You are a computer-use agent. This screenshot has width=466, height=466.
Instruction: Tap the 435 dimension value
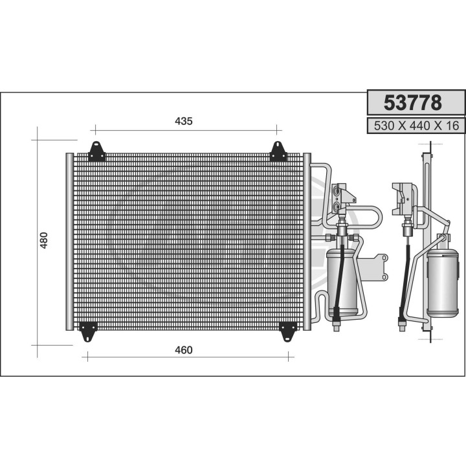(x=184, y=121)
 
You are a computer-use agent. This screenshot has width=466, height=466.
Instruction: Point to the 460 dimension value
(x=183, y=350)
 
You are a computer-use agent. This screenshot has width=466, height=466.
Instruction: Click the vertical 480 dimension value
(x=44, y=241)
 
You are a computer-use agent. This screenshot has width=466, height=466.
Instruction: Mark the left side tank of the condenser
(x=69, y=241)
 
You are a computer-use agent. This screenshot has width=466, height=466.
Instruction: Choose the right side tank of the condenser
(x=307, y=241)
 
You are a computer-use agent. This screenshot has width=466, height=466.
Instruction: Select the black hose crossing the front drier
(x=340, y=272)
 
